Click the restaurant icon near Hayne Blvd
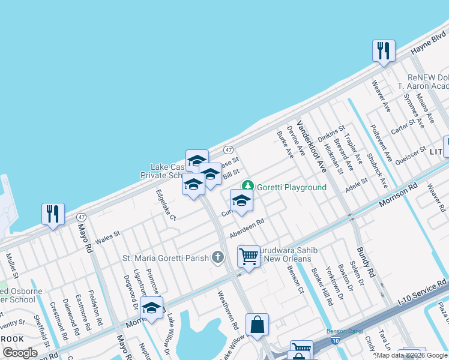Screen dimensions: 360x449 [x=384, y=50]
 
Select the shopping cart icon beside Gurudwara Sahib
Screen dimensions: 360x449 [x=249, y=257]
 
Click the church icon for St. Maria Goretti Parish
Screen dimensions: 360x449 [x=217, y=259]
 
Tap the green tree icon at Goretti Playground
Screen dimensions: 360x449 [x=246, y=187]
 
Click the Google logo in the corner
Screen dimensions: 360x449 [x=20, y=352]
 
